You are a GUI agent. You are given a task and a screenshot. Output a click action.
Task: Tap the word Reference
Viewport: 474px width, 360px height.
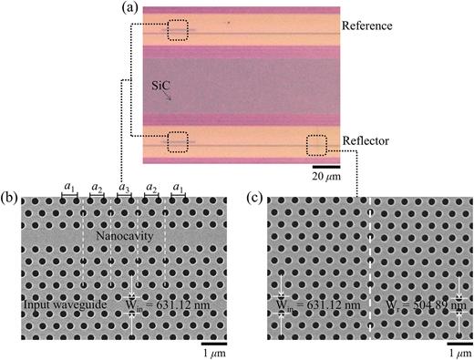(x=367, y=26)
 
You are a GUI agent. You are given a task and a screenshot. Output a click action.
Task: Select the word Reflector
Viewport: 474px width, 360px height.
(x=366, y=141)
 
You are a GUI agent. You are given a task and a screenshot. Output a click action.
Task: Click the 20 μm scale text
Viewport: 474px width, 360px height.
(x=327, y=177)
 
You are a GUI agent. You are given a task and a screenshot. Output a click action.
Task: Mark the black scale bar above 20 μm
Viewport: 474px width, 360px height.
(x=327, y=167)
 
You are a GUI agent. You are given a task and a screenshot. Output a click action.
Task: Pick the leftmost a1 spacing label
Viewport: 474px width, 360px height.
(x=68, y=188)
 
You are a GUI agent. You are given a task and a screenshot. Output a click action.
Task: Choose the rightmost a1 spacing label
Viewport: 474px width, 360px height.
(x=179, y=188)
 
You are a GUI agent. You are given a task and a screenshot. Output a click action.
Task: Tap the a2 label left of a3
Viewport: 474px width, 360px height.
(x=96, y=188)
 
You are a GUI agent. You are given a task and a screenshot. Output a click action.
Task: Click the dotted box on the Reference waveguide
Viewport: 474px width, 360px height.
(x=178, y=31)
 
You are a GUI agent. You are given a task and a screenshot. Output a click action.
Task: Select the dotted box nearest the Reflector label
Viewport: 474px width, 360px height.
(x=317, y=144)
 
